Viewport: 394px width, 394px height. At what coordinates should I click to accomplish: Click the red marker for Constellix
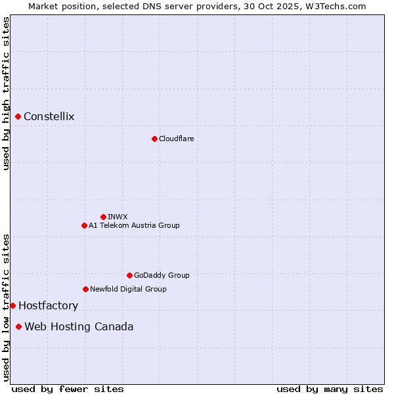(18, 117)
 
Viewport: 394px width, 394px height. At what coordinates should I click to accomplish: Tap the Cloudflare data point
(154, 139)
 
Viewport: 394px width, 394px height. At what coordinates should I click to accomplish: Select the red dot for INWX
(103, 217)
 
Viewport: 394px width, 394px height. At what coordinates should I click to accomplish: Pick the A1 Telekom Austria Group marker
(84, 225)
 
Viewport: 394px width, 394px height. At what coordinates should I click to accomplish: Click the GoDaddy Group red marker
(129, 275)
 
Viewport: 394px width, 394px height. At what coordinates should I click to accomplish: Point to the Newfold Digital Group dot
(85, 289)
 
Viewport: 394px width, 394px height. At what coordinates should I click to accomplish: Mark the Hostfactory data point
(12, 305)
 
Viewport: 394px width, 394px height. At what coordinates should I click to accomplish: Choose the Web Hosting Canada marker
(18, 326)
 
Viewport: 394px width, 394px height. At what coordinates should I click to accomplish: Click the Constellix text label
(49, 117)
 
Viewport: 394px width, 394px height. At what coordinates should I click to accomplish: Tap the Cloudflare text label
(176, 139)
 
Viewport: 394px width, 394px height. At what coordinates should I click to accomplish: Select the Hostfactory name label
(48, 305)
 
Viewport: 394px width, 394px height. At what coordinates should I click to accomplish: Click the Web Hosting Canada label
(79, 326)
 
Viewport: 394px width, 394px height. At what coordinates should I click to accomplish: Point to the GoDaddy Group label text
(162, 275)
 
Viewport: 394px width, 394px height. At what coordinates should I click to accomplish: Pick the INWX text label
(118, 217)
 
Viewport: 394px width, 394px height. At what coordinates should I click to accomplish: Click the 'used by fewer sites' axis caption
(68, 389)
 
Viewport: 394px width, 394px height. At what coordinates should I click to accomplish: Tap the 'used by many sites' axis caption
(330, 389)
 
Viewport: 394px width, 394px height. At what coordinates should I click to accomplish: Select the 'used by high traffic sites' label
(6, 93)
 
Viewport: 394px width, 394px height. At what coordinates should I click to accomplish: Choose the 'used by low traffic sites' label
(6, 307)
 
